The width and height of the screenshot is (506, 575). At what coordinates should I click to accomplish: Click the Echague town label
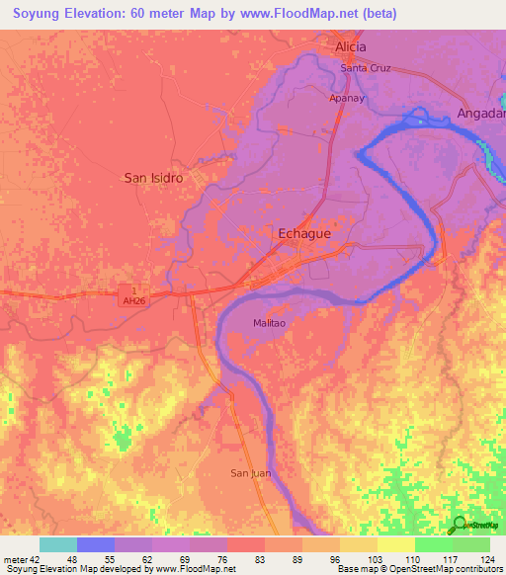[x=297, y=234]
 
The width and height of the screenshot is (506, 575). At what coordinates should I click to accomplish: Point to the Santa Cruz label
[x=367, y=67]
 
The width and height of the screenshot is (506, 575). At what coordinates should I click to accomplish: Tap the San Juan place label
[x=251, y=473]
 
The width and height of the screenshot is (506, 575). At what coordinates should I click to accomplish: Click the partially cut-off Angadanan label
[x=480, y=115]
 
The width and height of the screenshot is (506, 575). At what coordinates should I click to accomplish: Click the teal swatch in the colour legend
[x=58, y=544]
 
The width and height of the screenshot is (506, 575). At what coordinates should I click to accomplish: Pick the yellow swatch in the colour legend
[x=395, y=544]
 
